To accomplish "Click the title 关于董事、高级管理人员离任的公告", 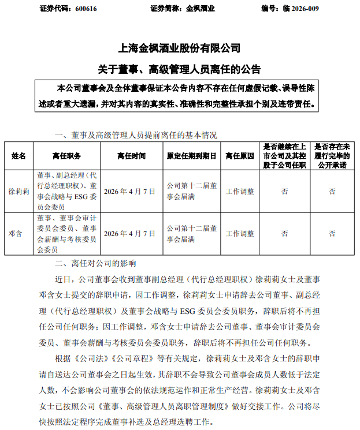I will (179, 69).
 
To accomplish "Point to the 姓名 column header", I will (19, 156).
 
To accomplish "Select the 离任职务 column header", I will (66, 156).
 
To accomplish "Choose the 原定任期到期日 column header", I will (191, 156).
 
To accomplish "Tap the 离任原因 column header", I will (240, 156).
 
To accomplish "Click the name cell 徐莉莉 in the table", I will (19, 192).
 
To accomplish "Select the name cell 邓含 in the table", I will (19, 234).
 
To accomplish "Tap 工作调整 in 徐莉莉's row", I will (240, 192).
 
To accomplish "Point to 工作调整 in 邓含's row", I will (240, 234).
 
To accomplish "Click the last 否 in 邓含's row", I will (332, 234).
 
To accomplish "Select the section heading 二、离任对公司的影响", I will (95, 264).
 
